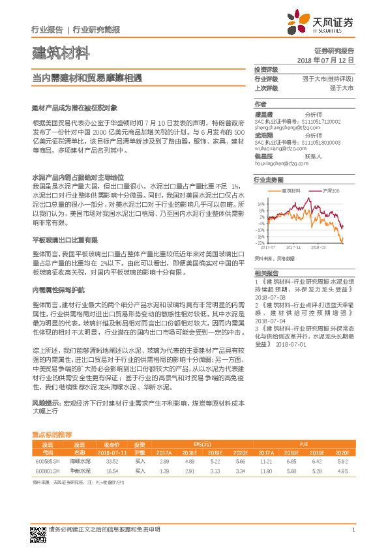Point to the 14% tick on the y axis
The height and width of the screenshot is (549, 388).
point(261,204)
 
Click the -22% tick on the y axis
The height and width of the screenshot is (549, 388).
point(260,242)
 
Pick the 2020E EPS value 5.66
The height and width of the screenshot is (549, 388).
point(241,460)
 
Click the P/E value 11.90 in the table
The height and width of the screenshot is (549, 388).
point(266,469)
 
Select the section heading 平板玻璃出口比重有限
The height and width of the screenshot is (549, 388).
point(65,240)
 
